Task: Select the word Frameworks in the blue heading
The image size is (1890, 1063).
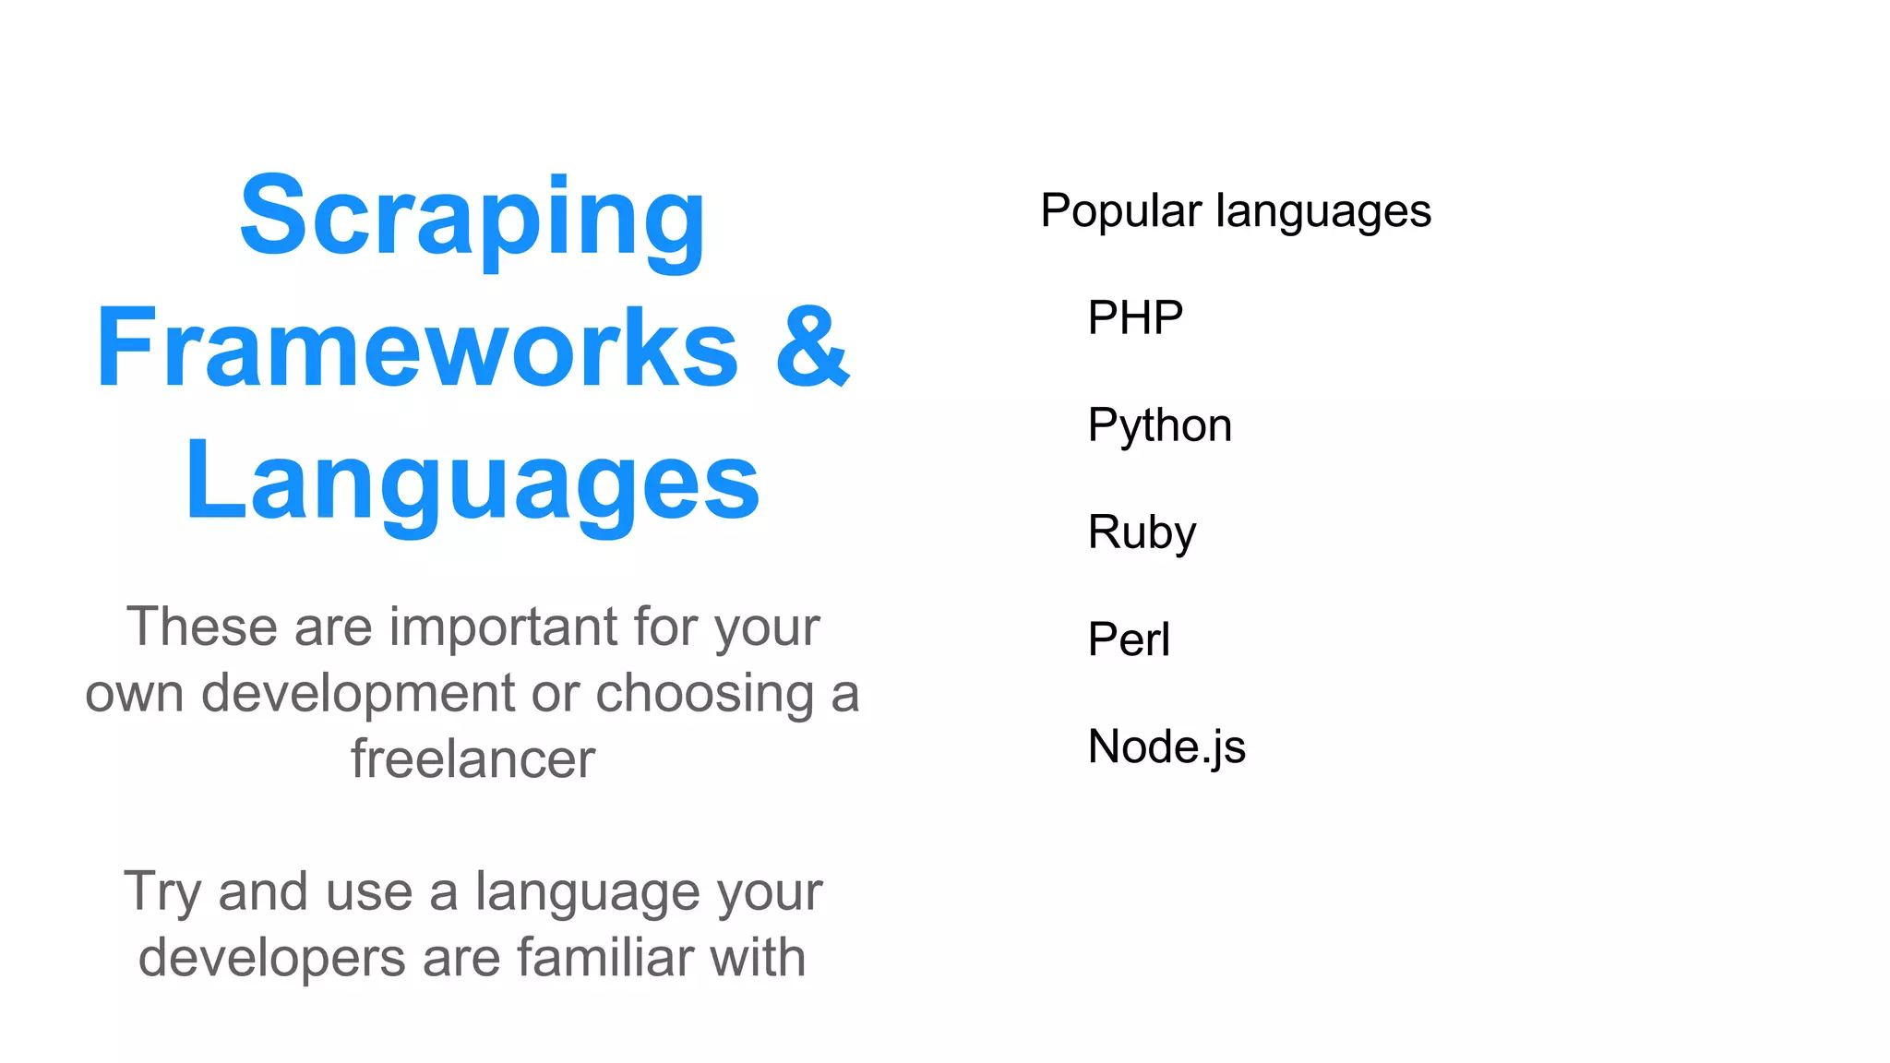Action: coord(417,349)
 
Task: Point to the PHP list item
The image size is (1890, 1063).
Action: coord(1135,318)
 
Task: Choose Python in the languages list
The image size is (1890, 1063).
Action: coord(1159,426)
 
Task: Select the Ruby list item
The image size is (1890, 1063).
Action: coord(1142,532)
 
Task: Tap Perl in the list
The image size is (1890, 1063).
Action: coord(1129,639)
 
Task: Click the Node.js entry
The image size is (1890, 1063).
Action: coord(1166,746)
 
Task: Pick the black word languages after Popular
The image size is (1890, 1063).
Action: coord(1323,212)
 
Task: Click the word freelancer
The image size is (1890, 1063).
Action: coord(472,759)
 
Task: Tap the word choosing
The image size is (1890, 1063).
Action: coord(705,694)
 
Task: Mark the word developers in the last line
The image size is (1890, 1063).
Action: coord(271,958)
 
